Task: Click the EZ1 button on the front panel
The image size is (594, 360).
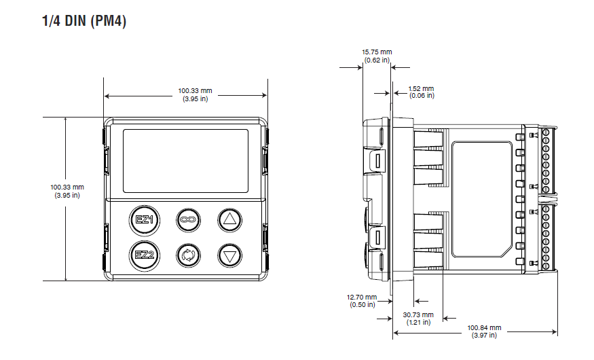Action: tap(144, 219)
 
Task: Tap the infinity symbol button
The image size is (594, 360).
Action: tap(187, 219)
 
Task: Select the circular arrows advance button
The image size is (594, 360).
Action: tap(187, 256)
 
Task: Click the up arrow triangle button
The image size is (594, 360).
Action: tap(230, 219)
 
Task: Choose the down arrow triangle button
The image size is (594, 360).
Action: tap(230, 256)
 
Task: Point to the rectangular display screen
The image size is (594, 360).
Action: tap(185, 161)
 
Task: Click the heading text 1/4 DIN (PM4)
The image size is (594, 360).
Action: tap(84, 21)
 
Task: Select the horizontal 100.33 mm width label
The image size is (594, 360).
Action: tap(195, 90)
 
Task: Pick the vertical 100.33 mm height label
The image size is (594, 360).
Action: tap(67, 187)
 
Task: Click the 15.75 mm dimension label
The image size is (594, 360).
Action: tap(377, 52)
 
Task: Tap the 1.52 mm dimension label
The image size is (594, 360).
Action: tap(421, 89)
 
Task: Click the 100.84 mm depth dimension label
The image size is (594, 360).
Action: tap(485, 327)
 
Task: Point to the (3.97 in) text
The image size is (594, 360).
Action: tap(485, 335)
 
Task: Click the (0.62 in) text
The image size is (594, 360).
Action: tap(377, 60)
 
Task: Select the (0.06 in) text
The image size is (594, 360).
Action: tap(421, 96)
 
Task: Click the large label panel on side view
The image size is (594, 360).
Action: tap(482, 198)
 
